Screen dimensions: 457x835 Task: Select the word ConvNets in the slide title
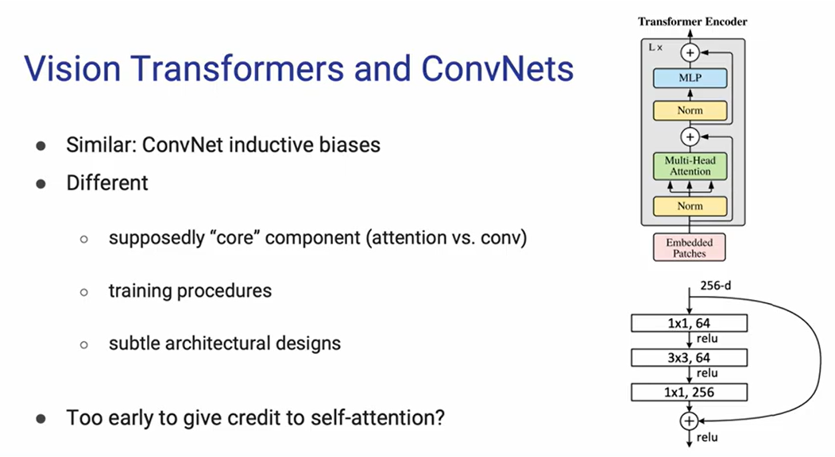click(x=497, y=69)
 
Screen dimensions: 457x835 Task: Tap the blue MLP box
click(x=690, y=78)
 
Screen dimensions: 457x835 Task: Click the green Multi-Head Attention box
click(x=690, y=166)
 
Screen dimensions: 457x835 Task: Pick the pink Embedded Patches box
click(x=690, y=247)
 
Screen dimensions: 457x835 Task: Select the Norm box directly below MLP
click(x=690, y=111)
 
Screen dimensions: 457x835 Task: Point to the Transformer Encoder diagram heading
click(x=693, y=21)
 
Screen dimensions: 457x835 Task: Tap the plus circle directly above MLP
click(x=690, y=52)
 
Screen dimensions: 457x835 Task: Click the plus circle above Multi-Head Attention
click(x=690, y=136)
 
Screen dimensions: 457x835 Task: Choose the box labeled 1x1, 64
click(x=689, y=322)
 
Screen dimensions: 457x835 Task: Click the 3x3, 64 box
click(x=689, y=357)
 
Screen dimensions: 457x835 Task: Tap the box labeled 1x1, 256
click(x=689, y=392)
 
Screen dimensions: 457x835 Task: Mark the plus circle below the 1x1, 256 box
click(x=690, y=421)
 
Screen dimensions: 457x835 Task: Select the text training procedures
click(x=190, y=290)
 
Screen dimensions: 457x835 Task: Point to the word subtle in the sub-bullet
click(x=132, y=344)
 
